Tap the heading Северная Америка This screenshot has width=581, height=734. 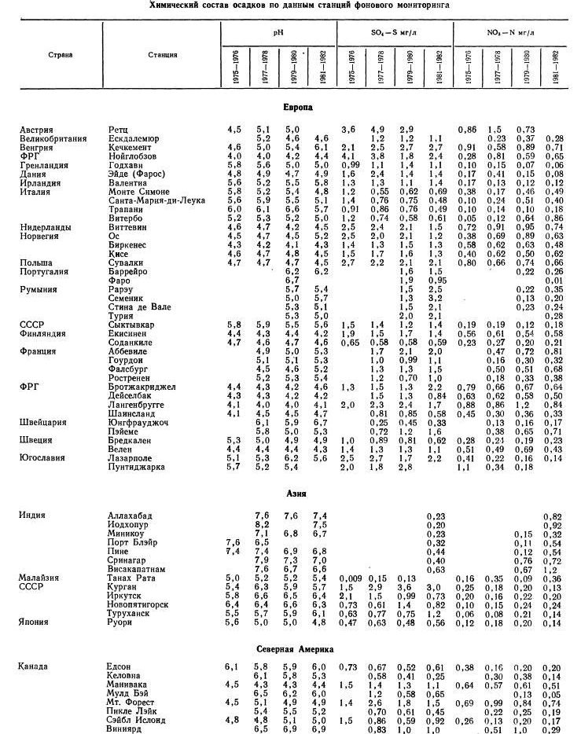point(296,649)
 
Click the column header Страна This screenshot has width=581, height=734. point(59,55)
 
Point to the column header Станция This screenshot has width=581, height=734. point(162,55)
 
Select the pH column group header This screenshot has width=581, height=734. point(278,34)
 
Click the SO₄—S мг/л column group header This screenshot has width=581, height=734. point(395,34)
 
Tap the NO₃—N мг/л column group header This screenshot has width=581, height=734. point(512,34)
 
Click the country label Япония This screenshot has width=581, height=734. point(34,622)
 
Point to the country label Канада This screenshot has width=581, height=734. point(34,667)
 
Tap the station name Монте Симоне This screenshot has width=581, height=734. point(139,191)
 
